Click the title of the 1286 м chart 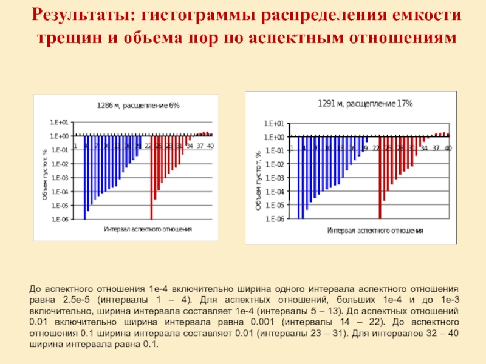point(139,105)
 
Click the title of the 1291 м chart point(365,104)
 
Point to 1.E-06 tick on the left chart point(60,219)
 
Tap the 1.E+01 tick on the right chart point(275,123)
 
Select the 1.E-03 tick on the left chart point(60,178)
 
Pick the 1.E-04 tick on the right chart point(275,191)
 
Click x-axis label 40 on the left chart point(210,146)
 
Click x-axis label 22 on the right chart point(376,148)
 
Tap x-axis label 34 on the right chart point(424,148)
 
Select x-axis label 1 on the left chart point(75,146)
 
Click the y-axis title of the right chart point(258,181)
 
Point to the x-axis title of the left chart point(148,229)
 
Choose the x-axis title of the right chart point(375,231)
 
